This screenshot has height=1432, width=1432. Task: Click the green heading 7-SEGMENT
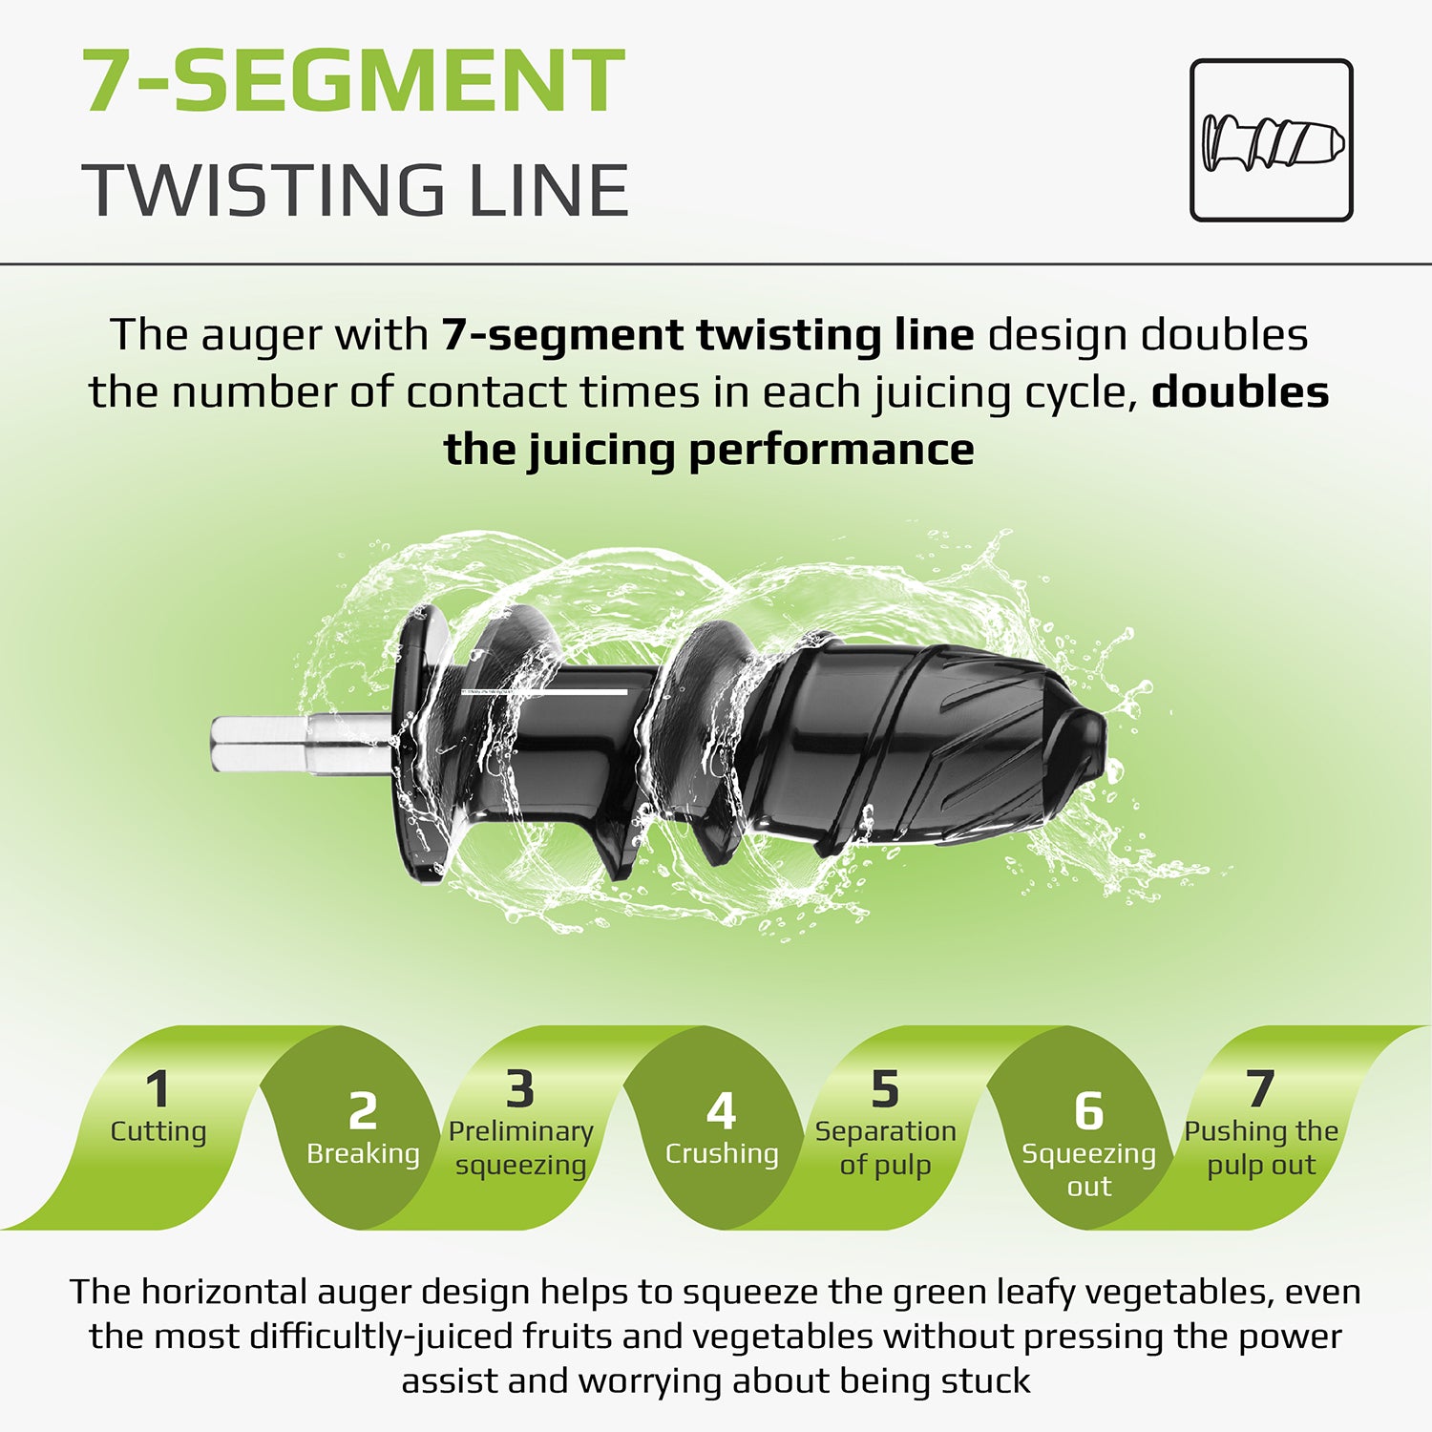(x=354, y=81)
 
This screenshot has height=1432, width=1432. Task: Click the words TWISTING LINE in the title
(x=355, y=190)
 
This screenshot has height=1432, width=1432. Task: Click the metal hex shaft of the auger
(x=301, y=745)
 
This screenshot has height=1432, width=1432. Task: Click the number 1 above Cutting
(x=158, y=1089)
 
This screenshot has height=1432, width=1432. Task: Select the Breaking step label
(x=363, y=1153)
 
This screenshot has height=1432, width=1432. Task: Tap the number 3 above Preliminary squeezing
(x=520, y=1089)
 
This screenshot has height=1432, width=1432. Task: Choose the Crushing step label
(x=722, y=1153)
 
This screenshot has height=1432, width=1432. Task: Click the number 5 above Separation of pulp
(x=885, y=1089)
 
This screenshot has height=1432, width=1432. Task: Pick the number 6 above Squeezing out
(x=1088, y=1111)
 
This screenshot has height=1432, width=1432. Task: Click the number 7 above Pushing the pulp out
(x=1261, y=1089)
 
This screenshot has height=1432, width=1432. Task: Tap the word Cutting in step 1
(x=158, y=1131)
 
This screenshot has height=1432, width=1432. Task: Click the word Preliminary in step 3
(x=521, y=1132)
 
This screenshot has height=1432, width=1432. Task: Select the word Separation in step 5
(x=886, y=1132)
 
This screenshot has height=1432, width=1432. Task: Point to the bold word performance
(x=832, y=450)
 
